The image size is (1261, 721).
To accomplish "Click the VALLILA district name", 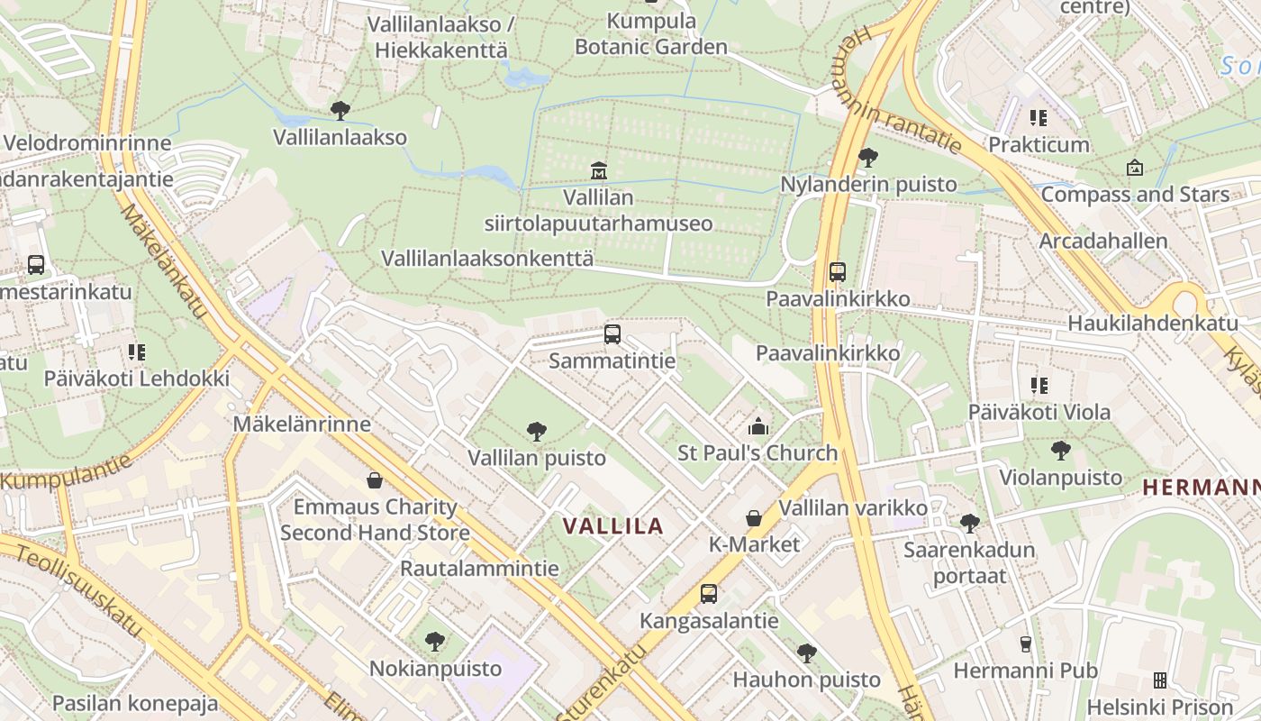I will click(x=612, y=526).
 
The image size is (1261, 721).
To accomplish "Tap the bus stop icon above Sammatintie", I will click(x=612, y=334).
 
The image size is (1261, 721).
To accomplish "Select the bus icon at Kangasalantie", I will click(x=709, y=594).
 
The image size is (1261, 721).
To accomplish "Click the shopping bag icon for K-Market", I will click(x=754, y=518).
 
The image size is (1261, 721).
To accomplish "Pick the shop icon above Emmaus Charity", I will click(x=375, y=480).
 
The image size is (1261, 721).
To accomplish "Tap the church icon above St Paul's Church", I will click(x=758, y=426).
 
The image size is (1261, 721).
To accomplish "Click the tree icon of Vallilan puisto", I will click(x=537, y=432).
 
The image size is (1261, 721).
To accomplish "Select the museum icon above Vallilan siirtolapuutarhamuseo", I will click(x=598, y=170).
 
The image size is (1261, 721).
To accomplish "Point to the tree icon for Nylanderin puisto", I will click(x=868, y=158).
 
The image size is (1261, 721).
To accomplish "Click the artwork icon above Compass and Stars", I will click(x=1135, y=168).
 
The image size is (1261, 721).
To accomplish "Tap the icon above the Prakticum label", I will click(x=1039, y=118).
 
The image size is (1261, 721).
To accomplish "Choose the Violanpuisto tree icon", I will click(x=1061, y=450).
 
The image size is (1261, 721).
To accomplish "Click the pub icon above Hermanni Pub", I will click(x=1025, y=643).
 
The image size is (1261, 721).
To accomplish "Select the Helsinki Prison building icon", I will click(x=1159, y=680).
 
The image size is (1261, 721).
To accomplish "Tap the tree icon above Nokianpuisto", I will click(x=435, y=642).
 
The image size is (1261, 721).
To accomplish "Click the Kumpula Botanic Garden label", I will click(x=651, y=34).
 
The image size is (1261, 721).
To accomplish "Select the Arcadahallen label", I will click(x=1102, y=242).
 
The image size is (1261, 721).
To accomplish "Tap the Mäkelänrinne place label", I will click(x=302, y=424).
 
